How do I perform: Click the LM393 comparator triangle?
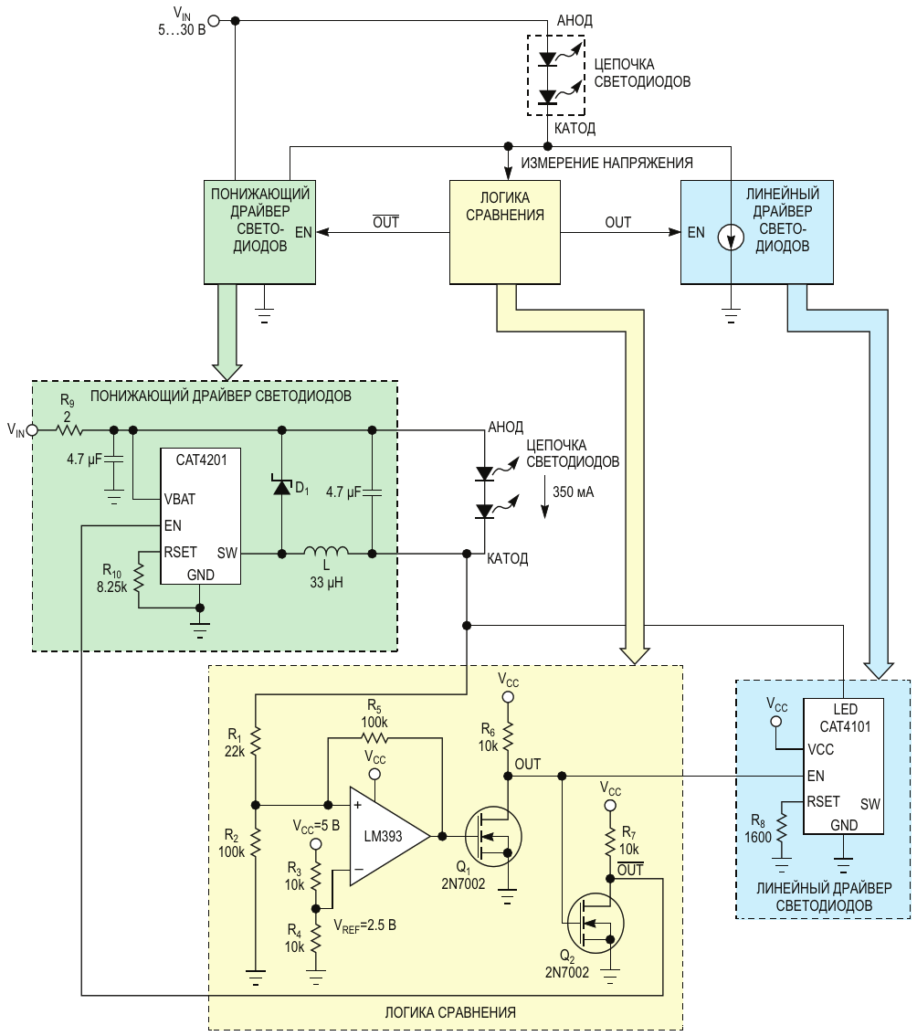pos(386,837)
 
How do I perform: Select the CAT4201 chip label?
pos(201,460)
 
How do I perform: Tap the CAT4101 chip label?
pos(845,727)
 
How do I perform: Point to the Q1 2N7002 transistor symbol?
pos(492,837)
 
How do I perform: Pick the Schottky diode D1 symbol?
pos(282,487)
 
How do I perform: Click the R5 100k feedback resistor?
pos(374,739)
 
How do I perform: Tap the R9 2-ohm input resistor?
pos(68,430)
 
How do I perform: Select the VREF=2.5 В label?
pos(364,925)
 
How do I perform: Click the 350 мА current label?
pos(573,492)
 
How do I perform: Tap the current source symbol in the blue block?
pos(730,238)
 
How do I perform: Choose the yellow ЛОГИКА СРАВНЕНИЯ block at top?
pos(505,232)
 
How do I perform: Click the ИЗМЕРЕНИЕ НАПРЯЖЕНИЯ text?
pos(606,163)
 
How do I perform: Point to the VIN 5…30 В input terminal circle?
pos(214,20)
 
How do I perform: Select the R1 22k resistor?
pos(256,741)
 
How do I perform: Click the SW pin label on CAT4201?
pos(227,553)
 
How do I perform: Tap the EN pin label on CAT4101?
pos(816,776)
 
